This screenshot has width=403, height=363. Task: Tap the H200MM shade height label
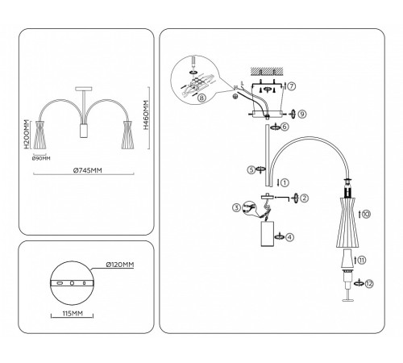27,136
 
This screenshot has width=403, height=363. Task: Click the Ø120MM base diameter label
118,265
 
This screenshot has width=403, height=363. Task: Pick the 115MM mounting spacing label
71,312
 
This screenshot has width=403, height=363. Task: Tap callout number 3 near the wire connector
236,208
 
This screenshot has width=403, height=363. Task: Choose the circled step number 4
290,236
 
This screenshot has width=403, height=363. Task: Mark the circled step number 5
251,170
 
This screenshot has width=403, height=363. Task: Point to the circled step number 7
292,85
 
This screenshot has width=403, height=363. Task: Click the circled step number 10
366,215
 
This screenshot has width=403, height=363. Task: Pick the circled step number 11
363,260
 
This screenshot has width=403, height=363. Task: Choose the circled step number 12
369,283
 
